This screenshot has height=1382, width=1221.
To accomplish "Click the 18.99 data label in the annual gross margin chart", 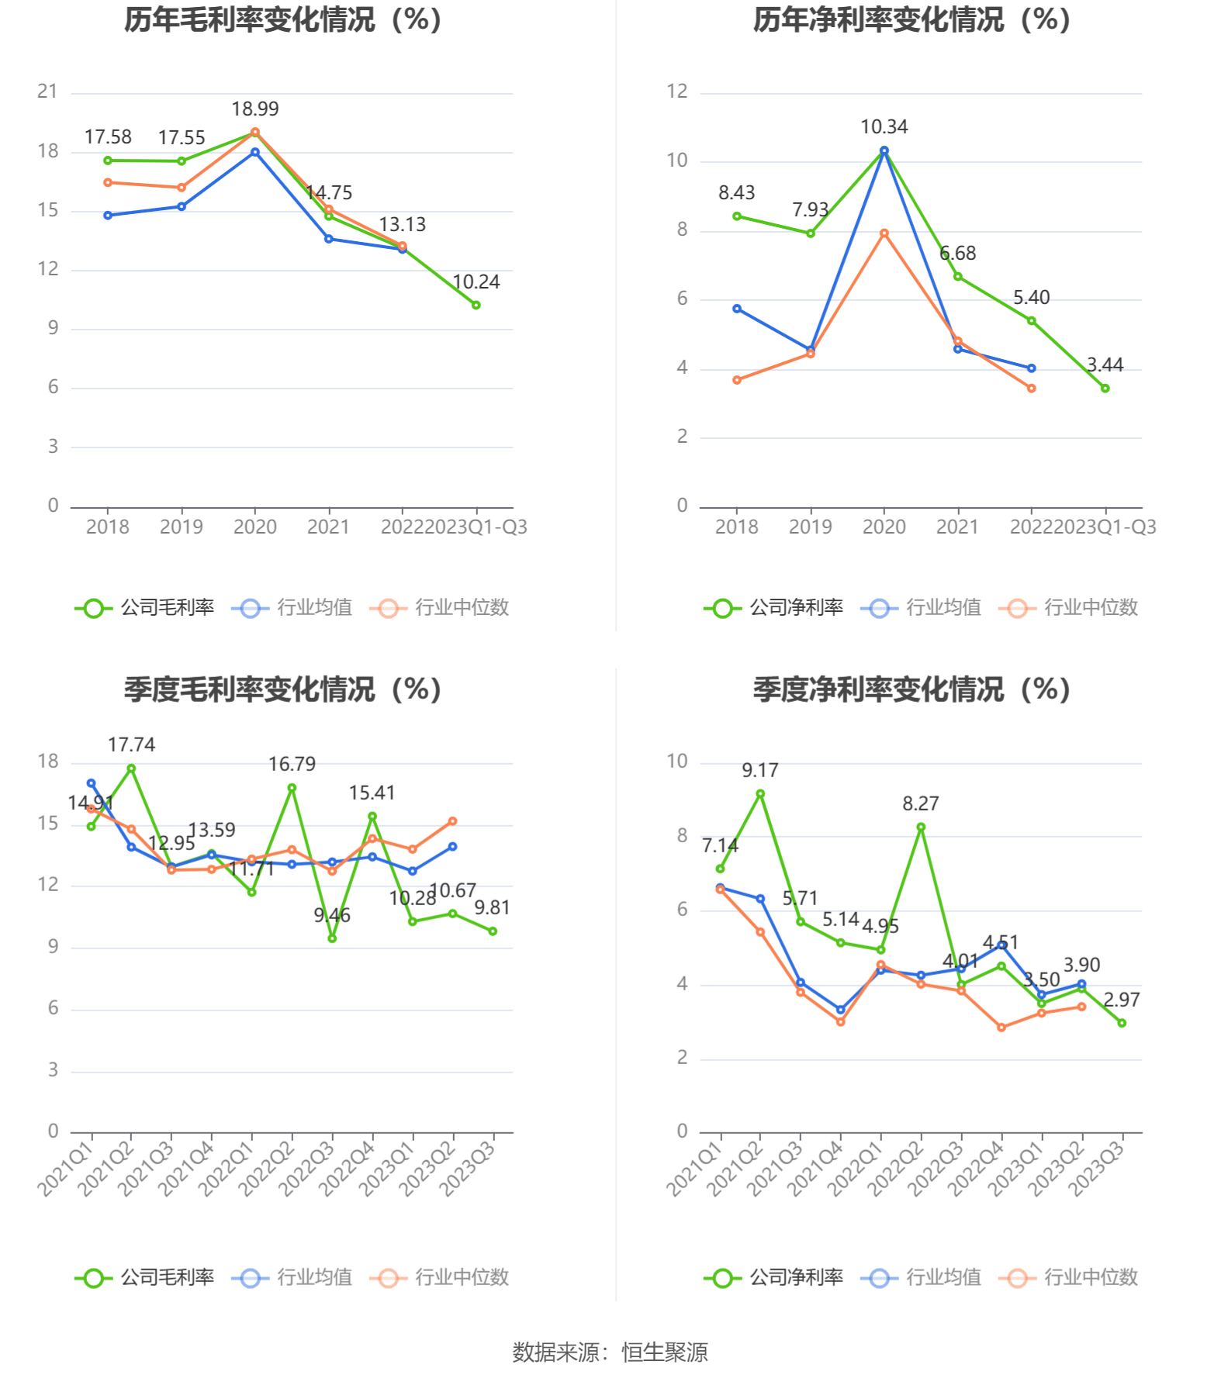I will point(255,109).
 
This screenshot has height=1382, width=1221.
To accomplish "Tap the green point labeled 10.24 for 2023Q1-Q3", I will point(476,306).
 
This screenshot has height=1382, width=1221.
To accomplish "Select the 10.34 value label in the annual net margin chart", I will point(884,127).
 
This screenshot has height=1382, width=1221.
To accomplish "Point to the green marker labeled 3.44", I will point(1105,389).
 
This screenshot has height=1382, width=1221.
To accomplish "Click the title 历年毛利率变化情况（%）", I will point(283,20).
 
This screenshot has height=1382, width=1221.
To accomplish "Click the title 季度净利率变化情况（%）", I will point(911,689).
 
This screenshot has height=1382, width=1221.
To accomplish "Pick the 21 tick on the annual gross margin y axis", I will point(48,92).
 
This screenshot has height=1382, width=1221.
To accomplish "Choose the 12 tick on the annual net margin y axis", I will point(676,92).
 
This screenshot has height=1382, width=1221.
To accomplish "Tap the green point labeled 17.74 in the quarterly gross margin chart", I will point(132,769).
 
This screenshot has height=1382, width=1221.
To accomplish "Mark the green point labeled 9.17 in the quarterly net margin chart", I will point(760,794).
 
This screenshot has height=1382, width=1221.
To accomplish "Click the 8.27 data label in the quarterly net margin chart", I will point(920,804).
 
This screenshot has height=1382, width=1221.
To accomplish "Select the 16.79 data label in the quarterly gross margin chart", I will point(292,765).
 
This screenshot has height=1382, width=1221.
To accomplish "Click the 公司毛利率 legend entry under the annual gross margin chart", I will point(145,608).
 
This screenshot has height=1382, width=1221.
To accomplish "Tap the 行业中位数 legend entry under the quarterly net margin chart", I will point(1070,1278).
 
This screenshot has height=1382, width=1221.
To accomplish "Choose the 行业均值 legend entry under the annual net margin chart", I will point(922,608).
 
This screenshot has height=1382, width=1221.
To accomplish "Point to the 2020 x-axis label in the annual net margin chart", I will point(884,527).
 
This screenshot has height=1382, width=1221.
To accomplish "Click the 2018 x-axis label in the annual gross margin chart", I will point(108,527).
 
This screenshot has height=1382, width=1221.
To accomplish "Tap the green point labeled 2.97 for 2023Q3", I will point(1122,1024).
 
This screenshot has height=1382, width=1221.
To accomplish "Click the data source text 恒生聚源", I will point(665,1353).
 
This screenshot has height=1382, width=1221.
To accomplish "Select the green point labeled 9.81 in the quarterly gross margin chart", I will point(493,931).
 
